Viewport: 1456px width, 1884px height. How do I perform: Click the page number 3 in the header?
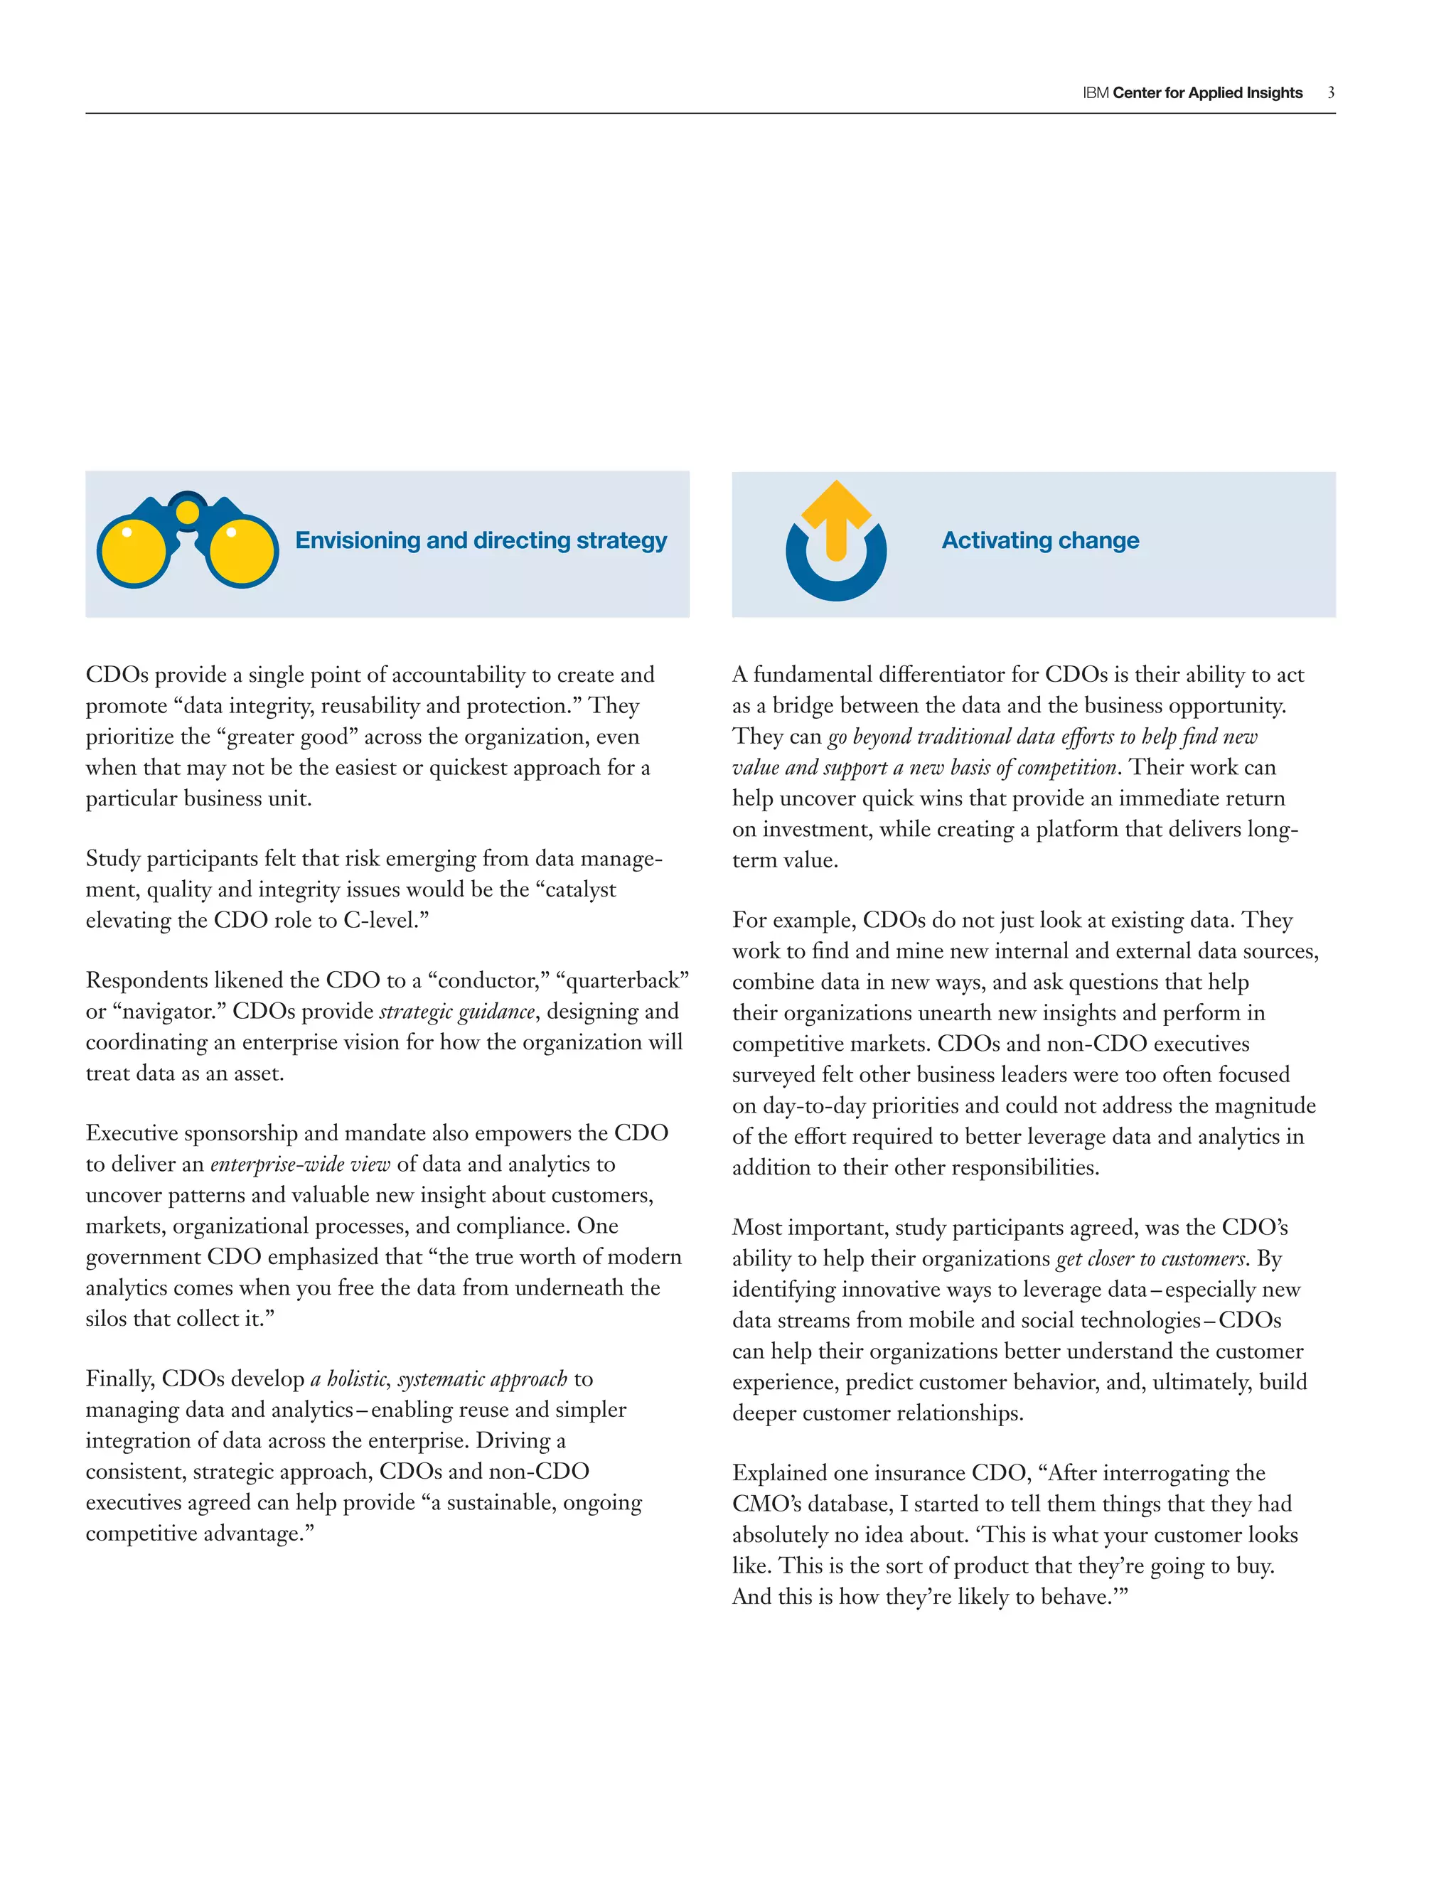1331,92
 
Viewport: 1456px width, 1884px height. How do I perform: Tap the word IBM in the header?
1096,93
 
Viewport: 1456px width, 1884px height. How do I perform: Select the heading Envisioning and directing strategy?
481,541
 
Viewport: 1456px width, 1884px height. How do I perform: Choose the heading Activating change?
1039,541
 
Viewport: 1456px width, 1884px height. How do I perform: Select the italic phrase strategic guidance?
457,1012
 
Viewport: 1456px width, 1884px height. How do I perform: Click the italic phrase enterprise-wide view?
300,1165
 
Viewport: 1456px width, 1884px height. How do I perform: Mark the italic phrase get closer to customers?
1151,1260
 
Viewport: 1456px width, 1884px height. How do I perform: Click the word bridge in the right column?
802,706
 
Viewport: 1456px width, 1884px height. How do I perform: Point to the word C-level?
380,921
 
